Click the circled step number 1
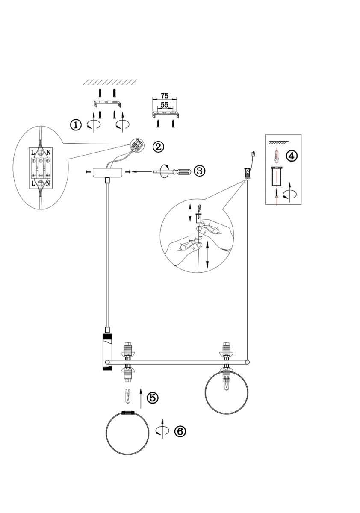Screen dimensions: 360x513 pos(76,125)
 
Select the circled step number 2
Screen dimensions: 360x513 pos(158,147)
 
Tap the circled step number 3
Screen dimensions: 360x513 pos(200,171)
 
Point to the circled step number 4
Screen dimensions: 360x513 pos(291,156)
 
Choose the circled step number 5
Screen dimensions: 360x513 pos(153,398)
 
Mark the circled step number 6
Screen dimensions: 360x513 pos(180,431)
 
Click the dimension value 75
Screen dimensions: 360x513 pos(165,95)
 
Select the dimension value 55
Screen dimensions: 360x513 pos(165,105)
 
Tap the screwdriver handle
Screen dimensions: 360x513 pos(182,171)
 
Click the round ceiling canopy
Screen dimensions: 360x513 pos(107,173)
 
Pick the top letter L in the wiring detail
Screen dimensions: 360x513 pos(33,152)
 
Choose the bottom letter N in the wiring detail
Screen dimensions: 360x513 pos(48,183)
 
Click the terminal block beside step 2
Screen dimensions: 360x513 pos(137,145)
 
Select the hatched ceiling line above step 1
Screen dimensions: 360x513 pos(110,83)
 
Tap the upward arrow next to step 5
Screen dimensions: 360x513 pos(141,398)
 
